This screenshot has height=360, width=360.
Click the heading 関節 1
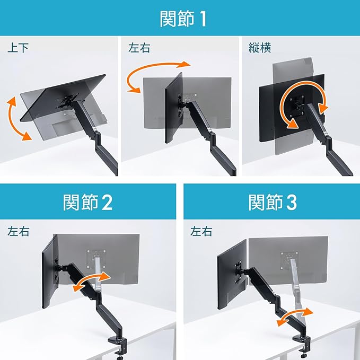tap(183, 19)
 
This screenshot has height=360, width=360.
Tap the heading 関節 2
tap(87, 202)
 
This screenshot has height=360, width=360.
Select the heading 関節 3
tap(273, 202)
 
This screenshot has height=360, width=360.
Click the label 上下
tap(18, 48)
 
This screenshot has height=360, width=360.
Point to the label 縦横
tap(260, 48)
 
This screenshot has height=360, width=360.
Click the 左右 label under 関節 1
tap(139, 48)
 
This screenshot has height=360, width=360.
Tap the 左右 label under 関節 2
tap(19, 231)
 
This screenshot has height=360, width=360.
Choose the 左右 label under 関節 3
tap(201, 231)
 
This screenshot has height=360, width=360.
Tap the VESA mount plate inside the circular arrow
tap(296, 106)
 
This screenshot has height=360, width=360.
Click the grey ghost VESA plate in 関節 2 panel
tap(96, 259)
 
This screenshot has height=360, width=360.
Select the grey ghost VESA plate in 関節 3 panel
tap(289, 260)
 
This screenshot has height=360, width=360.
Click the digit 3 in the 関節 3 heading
tap(292, 203)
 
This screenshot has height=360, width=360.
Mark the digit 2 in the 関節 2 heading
tap(107, 203)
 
